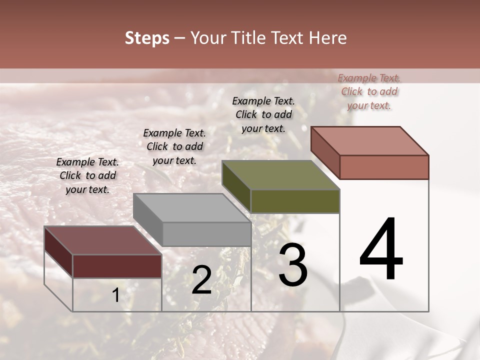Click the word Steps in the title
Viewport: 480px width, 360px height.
click(x=147, y=38)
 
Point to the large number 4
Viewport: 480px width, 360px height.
click(x=381, y=250)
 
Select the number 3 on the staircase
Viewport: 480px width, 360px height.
click(x=293, y=265)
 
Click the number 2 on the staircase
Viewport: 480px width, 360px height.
click(x=201, y=280)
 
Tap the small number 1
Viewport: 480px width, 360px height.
click(x=115, y=295)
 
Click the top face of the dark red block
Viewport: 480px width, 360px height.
click(x=102, y=240)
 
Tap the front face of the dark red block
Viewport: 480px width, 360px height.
click(x=117, y=266)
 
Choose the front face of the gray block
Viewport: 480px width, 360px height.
click(x=206, y=234)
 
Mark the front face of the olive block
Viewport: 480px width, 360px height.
click(x=295, y=201)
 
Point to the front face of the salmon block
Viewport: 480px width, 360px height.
click(x=384, y=167)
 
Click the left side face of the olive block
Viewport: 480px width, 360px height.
click(x=236, y=186)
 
